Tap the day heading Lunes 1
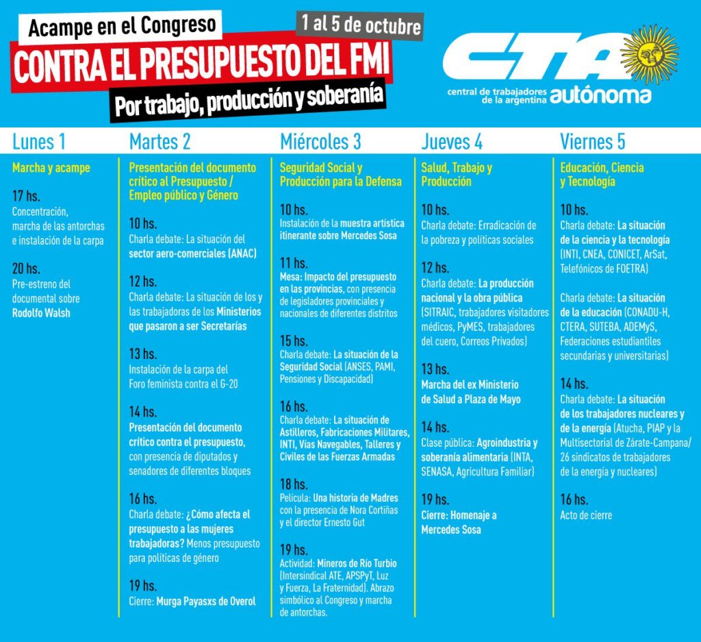tap(39, 142)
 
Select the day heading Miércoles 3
tap(320, 142)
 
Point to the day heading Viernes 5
tap(592, 142)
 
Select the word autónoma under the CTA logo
tap(600, 95)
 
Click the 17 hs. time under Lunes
tap(26, 195)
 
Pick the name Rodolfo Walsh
tap(41, 312)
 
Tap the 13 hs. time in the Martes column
tap(142, 354)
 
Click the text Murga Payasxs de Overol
tap(206, 602)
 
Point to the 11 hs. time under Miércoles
tap(294, 262)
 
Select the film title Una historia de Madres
tap(355, 498)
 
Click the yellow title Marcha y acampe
tap(51, 168)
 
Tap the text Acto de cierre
tap(586, 515)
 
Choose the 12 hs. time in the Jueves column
tap(435, 267)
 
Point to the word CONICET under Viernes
tap(624, 254)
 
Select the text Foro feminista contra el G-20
tap(183, 384)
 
